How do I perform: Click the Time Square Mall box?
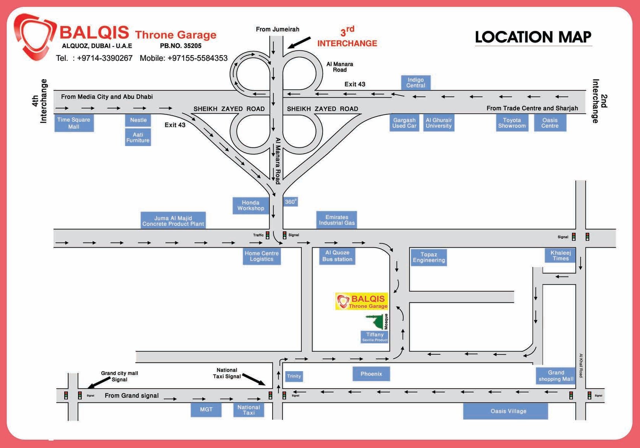[74, 123]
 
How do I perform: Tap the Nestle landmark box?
[138, 120]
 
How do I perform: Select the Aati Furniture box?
[138, 137]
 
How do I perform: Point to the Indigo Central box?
[416, 83]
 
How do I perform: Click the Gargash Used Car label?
[404, 123]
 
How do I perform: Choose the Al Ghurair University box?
[439, 123]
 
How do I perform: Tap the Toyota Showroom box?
[512, 123]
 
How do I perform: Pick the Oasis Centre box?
[550, 123]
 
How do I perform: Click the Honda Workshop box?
[251, 205]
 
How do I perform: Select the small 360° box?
[291, 202]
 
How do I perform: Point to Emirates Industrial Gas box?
[337, 220]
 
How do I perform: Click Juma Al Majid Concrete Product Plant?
[173, 221]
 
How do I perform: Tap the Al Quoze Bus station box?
[337, 256]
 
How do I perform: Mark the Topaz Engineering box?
[429, 257]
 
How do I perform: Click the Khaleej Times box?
[561, 255]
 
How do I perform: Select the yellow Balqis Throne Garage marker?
[362, 301]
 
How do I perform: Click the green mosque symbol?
[376, 322]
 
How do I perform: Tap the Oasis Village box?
[505, 411]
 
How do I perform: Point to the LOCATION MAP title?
[533, 37]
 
